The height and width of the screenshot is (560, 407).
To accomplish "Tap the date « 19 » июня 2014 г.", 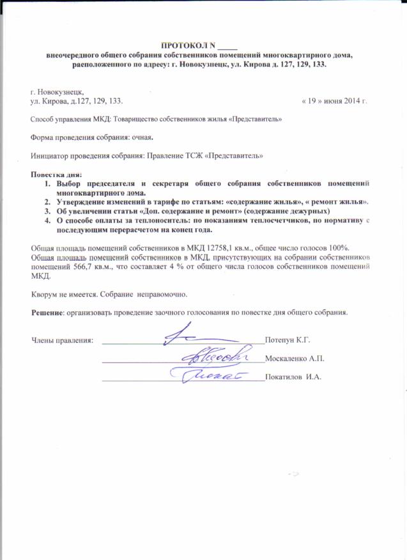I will click(334, 102).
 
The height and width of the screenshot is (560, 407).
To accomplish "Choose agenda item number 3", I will click(47, 210).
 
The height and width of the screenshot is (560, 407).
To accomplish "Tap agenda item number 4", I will click(47, 219).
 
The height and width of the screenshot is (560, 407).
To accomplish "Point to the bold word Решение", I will click(47, 313).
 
